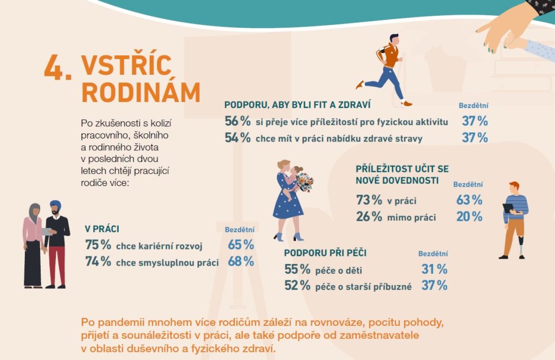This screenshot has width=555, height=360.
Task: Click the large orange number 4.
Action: click(55, 68)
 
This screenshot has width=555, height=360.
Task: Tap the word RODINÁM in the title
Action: click(141, 93)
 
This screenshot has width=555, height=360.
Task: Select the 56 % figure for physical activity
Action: click(237, 121)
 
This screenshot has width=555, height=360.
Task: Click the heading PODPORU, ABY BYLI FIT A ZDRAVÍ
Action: click(298, 105)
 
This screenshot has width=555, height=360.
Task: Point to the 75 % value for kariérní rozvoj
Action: click(98, 245)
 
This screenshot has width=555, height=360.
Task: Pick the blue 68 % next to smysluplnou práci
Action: click(241, 261)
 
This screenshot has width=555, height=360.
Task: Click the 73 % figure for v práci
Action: click(369, 200)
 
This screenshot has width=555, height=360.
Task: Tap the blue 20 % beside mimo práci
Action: click(469, 216)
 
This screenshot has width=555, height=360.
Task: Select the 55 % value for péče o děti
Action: click(298, 269)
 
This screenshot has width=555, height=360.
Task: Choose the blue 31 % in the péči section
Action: click(434, 269)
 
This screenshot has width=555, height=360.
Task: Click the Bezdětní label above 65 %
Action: click(240, 230)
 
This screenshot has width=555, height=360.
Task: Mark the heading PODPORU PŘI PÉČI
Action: click(325, 253)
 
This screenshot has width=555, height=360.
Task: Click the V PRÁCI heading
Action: click(102, 229)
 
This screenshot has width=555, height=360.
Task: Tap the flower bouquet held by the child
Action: click(305, 182)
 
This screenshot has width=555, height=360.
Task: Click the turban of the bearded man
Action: click(55, 204)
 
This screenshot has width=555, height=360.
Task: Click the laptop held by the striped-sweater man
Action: click(508, 208)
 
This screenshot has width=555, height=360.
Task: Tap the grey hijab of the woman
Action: click(34, 212)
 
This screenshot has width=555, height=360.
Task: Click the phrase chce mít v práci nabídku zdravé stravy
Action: click(339, 138)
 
